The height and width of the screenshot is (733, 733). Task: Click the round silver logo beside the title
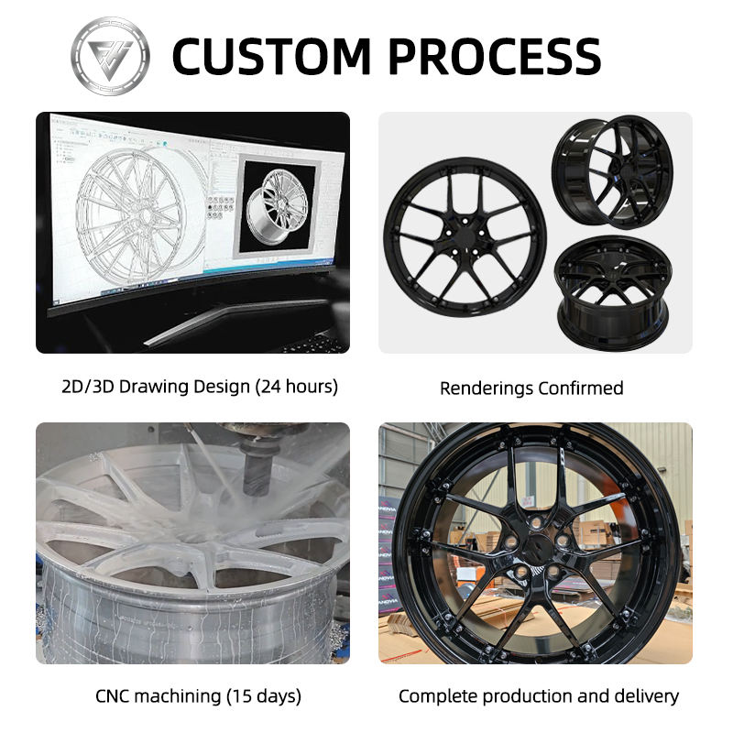coord(110,55)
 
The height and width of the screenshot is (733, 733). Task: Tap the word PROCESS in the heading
coord(495,56)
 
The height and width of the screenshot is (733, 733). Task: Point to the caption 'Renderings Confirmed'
coord(531,388)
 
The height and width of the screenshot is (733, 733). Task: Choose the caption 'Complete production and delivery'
coord(539,696)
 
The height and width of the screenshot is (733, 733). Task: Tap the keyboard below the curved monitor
coord(316,343)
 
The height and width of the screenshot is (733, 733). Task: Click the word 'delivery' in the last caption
coord(646,696)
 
